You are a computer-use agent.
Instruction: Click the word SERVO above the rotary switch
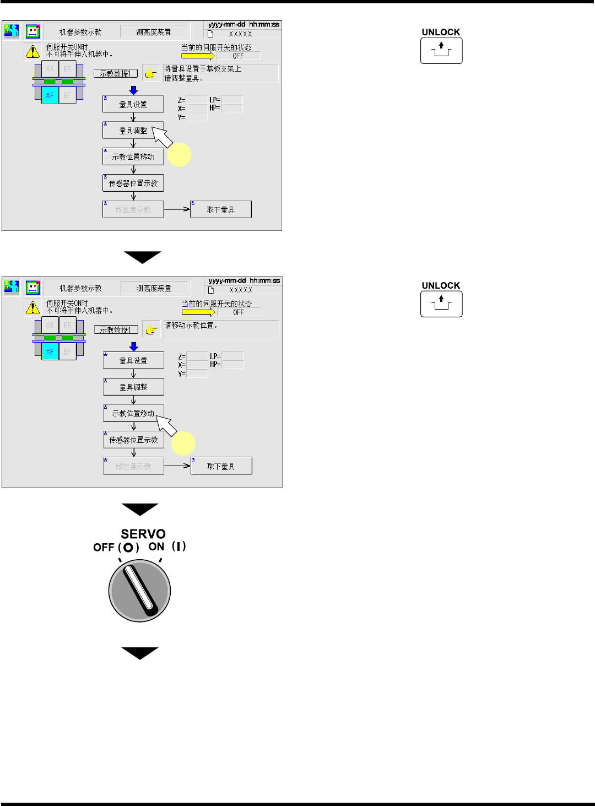[x=143, y=534]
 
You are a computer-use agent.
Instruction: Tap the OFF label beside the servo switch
[x=104, y=547]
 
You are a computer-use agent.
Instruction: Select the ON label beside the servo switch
[x=156, y=547]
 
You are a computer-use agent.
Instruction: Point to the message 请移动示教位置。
[x=191, y=325]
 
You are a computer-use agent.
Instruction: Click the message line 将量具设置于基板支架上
[x=203, y=69]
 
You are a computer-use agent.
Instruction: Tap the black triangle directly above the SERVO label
[x=140, y=509]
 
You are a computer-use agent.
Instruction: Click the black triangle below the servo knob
[x=140, y=653]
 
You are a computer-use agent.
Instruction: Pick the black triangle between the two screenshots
[x=142, y=257]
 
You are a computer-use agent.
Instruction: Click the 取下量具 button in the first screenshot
[x=220, y=209]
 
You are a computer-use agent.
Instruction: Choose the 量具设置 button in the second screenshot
[x=133, y=360]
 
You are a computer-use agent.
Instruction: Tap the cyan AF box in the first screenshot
[x=50, y=95]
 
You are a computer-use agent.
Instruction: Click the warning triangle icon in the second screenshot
[x=33, y=307]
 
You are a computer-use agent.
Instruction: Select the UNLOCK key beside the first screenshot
[x=441, y=51]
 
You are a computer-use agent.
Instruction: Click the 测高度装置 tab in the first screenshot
[x=154, y=32]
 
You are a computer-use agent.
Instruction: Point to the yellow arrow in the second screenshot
[x=198, y=312]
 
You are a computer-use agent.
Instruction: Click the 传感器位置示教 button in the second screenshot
[x=133, y=440]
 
